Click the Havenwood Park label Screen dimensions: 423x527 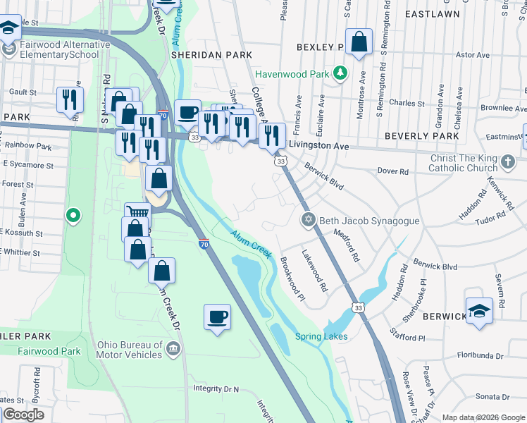[x=292, y=73]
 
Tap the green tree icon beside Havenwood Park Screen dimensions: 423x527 [x=340, y=73]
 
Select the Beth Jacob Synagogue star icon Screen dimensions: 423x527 [x=307, y=221]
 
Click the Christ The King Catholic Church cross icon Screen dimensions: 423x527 [x=507, y=164]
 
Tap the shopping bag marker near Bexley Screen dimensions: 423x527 [x=359, y=42]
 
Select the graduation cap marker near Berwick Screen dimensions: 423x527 [x=479, y=312]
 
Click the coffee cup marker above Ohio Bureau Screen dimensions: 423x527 [x=217, y=317]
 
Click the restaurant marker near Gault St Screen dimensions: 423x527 [x=70, y=99]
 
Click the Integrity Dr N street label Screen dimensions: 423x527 [x=216, y=388]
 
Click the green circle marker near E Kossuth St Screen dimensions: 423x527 [x=71, y=215]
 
